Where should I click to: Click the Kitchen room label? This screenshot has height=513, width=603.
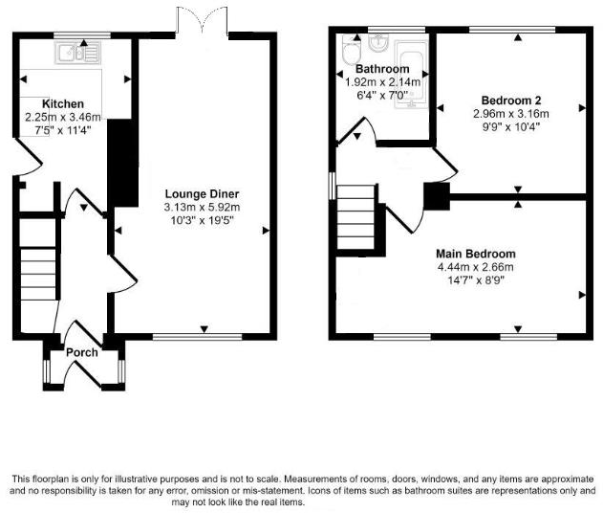point(62,103)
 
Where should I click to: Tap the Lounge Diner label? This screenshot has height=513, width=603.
point(201,193)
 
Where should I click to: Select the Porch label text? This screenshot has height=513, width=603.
point(82,352)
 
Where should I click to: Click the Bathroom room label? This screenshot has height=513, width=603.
point(382,70)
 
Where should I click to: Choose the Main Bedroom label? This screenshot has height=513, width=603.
point(474,253)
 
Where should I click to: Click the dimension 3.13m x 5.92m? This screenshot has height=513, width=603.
point(201,207)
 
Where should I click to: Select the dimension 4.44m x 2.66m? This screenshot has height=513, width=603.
point(474,266)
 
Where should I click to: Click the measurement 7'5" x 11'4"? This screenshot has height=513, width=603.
point(62,131)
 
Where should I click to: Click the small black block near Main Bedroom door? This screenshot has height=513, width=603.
point(436,197)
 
